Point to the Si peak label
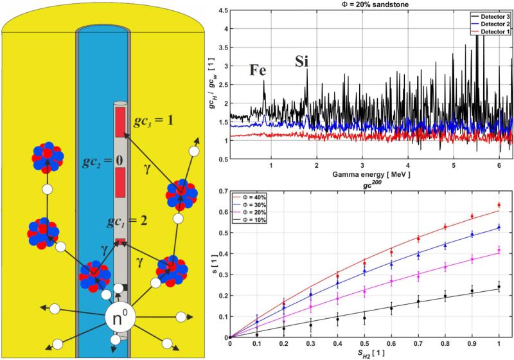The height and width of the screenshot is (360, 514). click(x=302, y=62)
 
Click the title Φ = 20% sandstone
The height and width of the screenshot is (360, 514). click(x=367, y=5)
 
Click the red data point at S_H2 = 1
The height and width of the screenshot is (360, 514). click(x=499, y=205)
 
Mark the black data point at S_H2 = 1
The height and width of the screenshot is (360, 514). click(x=499, y=287)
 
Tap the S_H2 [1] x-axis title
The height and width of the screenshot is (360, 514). click(x=364, y=354)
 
